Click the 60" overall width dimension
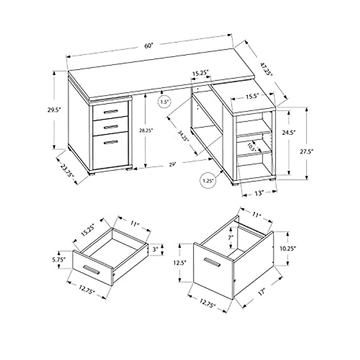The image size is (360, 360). coord(149,46)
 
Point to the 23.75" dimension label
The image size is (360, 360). coord(67,170)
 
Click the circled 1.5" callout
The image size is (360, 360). coord(164,102)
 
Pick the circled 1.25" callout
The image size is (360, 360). coord(207,181)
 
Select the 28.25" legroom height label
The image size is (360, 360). coord(146,130)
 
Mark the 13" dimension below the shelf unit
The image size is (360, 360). coord(259,194)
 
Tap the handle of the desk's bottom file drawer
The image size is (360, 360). coord(111,142)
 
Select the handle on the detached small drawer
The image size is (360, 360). coord(91,270)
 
